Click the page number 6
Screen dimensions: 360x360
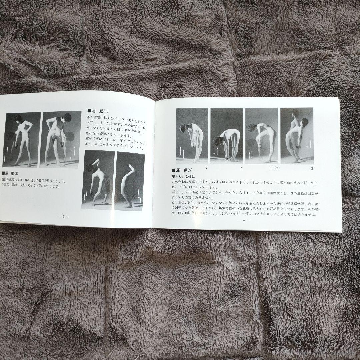coord(63,216)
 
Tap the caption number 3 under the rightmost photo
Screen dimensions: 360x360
coord(312,168)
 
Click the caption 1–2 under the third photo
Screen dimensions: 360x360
coord(274,168)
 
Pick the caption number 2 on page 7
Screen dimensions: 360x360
coord(241,168)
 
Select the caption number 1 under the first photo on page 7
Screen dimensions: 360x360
coord(206,167)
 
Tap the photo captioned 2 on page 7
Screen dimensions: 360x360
coord(227,136)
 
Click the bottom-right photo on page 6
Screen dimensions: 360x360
coord(130,181)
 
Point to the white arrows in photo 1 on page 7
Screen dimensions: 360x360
coord(182,152)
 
